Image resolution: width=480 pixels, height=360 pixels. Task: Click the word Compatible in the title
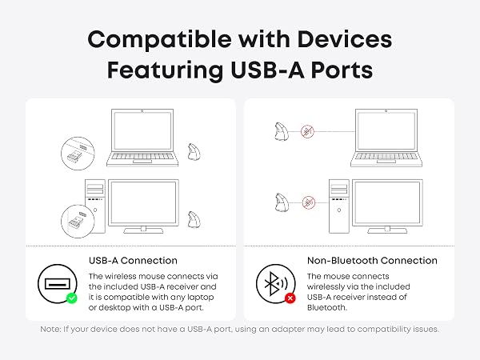159,40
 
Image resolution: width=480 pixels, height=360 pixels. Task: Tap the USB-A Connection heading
133,261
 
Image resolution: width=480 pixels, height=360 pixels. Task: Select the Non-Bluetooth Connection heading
372,261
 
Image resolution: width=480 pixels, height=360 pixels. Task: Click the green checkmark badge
72,298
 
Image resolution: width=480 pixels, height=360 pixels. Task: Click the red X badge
290,298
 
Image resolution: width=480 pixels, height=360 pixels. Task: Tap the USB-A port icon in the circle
58,284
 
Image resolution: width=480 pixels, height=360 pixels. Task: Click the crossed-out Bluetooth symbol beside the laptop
307,132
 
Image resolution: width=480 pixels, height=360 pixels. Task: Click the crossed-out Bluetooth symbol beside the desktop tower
309,202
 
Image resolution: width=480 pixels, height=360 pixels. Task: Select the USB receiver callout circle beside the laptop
78,154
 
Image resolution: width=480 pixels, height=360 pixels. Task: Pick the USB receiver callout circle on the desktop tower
78,221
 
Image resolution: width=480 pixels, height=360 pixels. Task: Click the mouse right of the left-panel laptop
194,151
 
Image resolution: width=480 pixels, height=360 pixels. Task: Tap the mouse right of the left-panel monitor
194,219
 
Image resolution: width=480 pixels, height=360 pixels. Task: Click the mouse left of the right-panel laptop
281,132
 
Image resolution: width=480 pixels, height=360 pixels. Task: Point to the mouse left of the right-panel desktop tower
282,202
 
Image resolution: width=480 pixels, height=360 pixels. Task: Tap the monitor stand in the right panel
387,230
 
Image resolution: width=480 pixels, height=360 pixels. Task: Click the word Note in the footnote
50,329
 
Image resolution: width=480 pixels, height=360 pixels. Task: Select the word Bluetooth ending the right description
327,307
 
